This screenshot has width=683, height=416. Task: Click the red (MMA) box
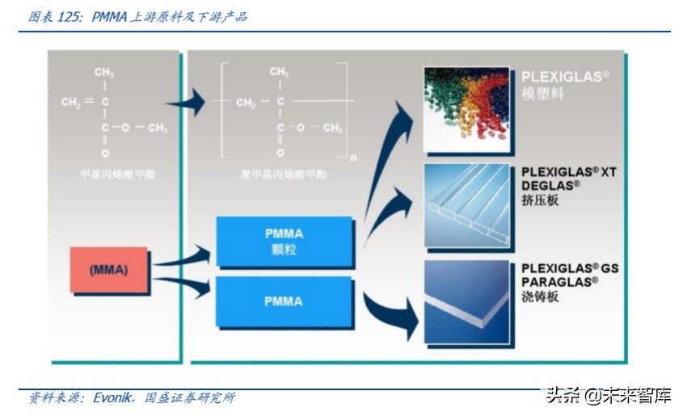108,270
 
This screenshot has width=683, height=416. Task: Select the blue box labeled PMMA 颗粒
284,242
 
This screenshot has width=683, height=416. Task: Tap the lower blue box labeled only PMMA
284,301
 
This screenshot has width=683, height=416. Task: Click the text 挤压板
541,200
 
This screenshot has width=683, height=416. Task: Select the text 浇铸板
541,296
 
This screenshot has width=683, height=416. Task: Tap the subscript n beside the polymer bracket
352,153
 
